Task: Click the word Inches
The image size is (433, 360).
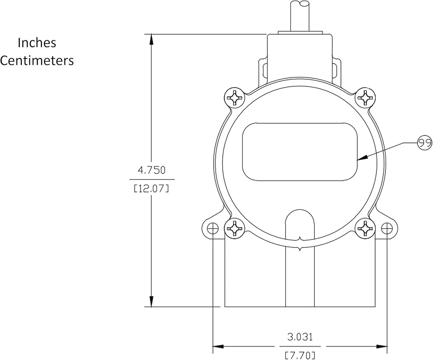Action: pos(37,43)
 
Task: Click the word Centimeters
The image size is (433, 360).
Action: pos(37,61)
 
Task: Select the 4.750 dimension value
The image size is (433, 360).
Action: pos(152,170)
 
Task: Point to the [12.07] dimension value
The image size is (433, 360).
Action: pos(151,189)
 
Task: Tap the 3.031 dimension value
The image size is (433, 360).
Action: pos(300,337)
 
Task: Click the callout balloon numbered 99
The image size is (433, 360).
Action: pos(425,143)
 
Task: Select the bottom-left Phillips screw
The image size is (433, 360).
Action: pos(235,228)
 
